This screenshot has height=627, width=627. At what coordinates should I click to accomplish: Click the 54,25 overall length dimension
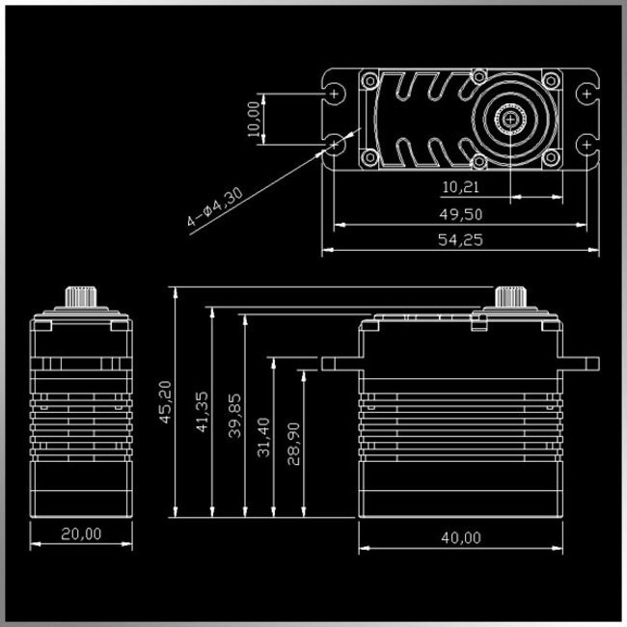tap(459, 240)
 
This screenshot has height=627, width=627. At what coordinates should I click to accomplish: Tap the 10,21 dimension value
tap(459, 185)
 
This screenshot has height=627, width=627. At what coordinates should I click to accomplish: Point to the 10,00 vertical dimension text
tap(254, 119)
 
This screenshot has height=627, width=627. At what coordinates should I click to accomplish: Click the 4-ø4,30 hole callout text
tap(215, 206)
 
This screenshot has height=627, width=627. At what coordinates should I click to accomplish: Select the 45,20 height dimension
tap(166, 401)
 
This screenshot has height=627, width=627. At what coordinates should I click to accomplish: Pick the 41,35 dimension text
tap(202, 412)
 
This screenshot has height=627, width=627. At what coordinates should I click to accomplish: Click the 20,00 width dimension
tap(80, 533)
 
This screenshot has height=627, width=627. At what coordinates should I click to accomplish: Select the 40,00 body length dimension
tap(459, 537)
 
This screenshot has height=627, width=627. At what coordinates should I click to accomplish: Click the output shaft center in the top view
tap(507, 119)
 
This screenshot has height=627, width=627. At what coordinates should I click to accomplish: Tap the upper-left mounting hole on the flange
tap(335, 94)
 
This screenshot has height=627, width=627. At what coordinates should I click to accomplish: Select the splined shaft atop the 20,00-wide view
tap(80, 296)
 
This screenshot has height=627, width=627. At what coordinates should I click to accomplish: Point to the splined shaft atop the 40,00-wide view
tap(508, 296)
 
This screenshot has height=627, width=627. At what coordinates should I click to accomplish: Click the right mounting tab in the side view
tap(582, 363)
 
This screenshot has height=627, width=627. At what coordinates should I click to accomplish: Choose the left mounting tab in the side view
tap(340, 363)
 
